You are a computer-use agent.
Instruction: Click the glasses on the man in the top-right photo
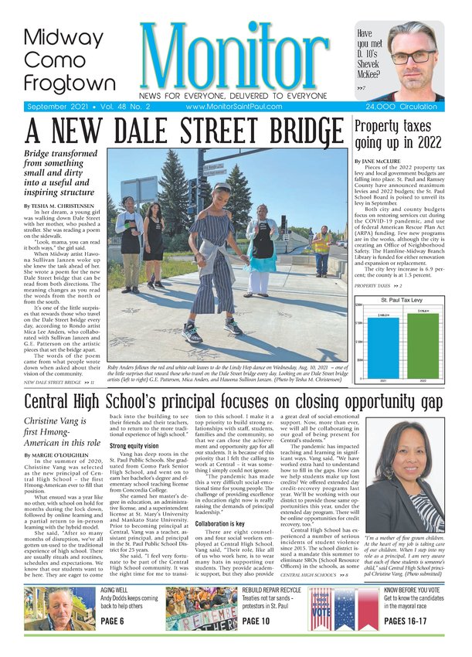point(411,57)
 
